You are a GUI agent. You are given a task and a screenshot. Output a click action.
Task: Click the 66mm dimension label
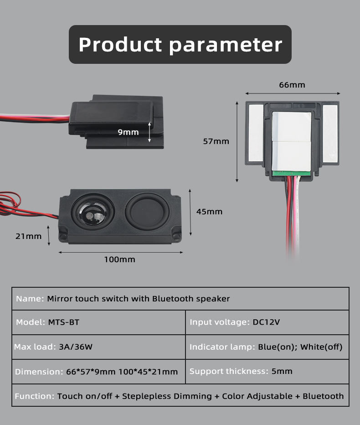pos(292,85)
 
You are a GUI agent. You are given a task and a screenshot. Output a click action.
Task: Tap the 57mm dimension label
pos(216,141)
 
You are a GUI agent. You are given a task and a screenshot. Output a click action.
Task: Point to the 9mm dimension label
pos(128,132)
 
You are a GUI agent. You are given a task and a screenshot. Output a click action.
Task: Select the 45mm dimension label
pos(209,212)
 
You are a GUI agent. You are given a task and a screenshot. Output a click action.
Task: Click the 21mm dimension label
pos(28,236)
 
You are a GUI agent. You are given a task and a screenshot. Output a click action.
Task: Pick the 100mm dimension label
pos(120,259)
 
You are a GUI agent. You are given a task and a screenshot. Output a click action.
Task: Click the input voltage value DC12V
pos(266,322)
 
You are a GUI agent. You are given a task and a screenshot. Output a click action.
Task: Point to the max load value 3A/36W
pos(76,347)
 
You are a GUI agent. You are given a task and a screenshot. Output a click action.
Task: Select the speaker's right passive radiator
pos(147,211)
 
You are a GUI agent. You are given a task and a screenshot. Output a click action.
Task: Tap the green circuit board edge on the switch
pos(292,173)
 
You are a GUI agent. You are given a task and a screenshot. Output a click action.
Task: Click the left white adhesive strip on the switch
pos(256,132)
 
